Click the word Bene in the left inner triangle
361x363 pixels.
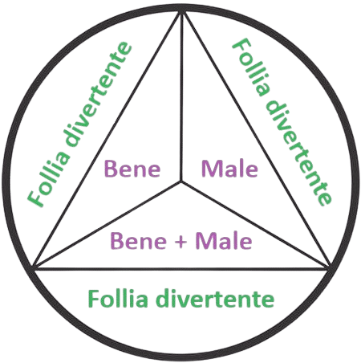132,169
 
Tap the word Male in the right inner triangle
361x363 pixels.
229,169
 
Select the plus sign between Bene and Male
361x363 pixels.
181,242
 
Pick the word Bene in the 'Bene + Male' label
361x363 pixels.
139,241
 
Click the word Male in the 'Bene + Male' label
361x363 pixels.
224,241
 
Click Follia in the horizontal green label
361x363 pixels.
118,299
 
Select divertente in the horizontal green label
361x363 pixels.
215,299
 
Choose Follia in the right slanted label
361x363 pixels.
251,67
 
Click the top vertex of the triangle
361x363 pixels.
182,11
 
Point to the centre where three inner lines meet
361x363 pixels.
181,181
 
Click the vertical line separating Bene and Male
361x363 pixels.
181,96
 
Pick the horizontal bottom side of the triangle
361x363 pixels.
181,269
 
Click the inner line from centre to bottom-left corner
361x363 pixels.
107,225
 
